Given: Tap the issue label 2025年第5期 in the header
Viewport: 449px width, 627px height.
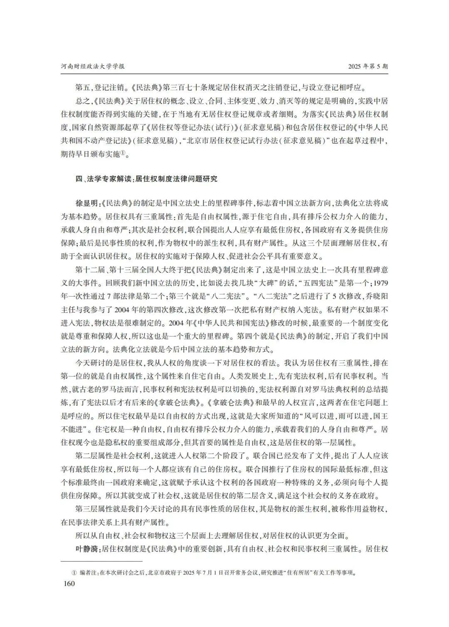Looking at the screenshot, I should tap(368, 67).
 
